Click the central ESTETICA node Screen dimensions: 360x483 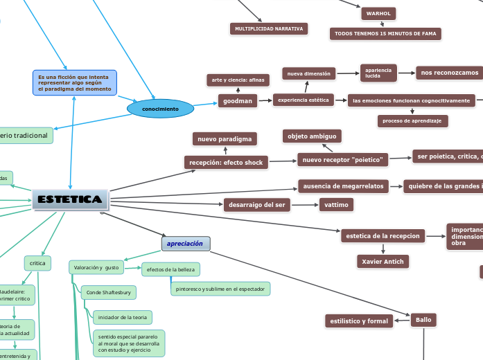(x=70, y=199)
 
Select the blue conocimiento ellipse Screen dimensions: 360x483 (x=160, y=109)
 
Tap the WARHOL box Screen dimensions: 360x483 (x=378, y=13)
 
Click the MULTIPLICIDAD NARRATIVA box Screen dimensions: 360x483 (x=269, y=29)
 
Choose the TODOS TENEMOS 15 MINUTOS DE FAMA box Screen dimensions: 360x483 (x=385, y=33)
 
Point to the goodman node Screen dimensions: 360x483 (x=237, y=101)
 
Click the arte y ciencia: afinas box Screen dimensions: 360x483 (x=237, y=80)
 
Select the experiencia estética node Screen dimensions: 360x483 (x=304, y=100)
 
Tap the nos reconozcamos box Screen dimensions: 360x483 (x=449, y=73)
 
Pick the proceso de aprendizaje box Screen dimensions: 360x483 (x=412, y=120)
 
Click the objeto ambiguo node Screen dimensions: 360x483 (x=312, y=136)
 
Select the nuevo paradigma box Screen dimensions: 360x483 (x=225, y=139)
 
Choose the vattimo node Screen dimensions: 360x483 (x=336, y=204)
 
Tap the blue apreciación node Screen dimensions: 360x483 (x=186, y=244)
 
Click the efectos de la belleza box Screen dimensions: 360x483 (x=171, y=269)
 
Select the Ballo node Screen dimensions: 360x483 (x=423, y=320)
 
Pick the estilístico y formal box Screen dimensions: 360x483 (x=359, y=321)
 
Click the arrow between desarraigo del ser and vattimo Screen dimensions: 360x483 (x=305, y=205)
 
